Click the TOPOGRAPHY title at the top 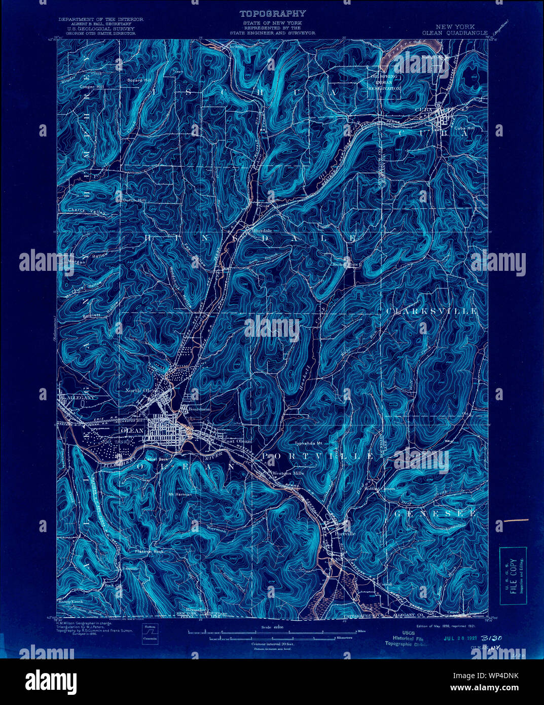click(x=272, y=14)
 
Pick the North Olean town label click(x=142, y=391)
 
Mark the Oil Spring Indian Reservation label click(x=384, y=82)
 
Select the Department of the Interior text click(x=100, y=19)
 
